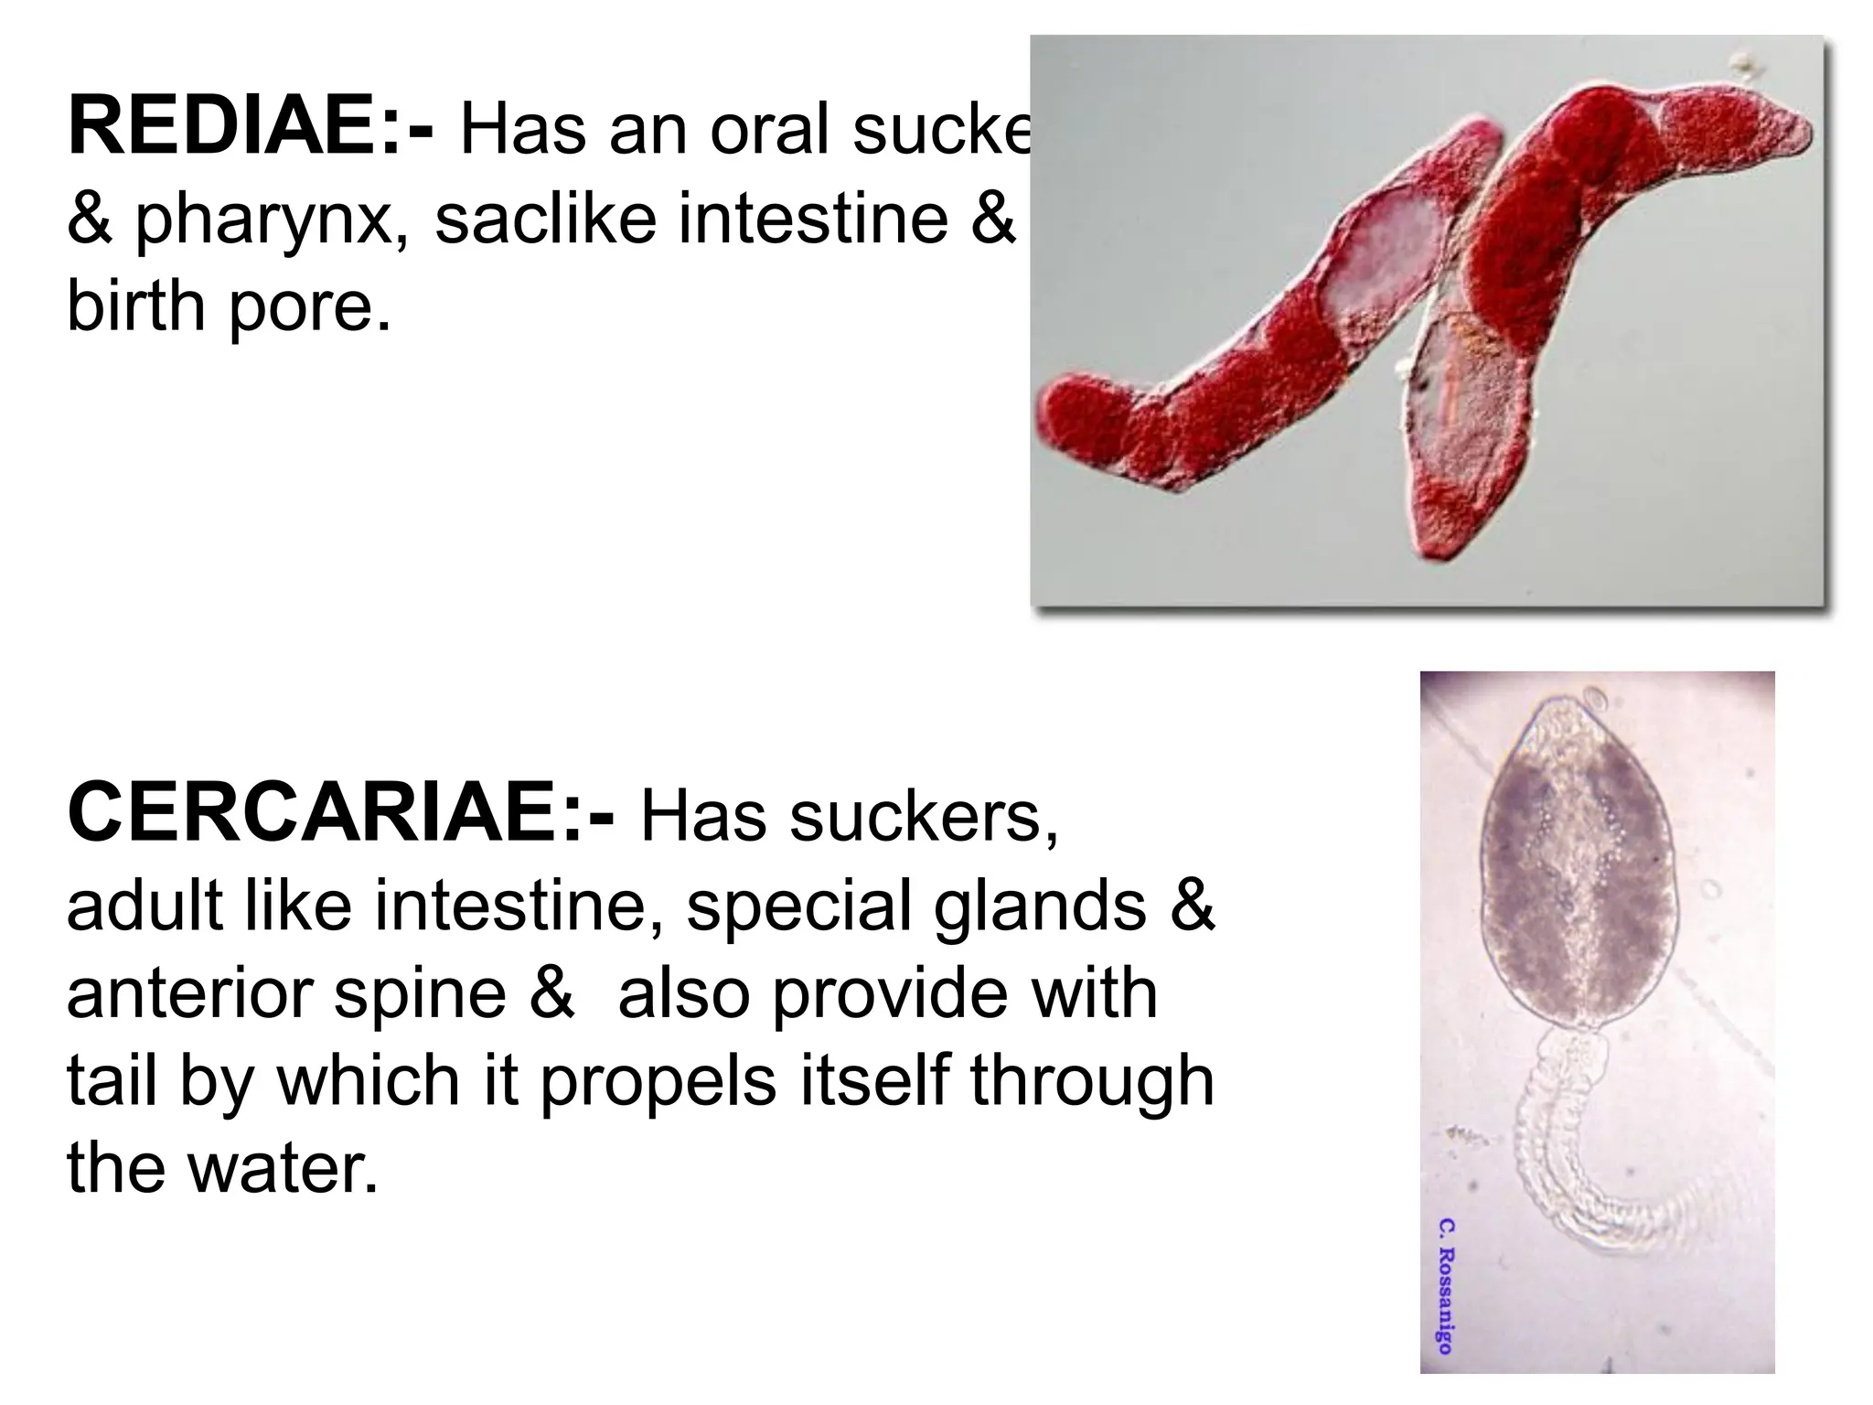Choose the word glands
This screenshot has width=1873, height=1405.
coord(1039,905)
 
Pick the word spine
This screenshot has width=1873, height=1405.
coord(420,994)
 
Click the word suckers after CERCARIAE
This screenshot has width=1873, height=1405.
coord(923,815)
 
